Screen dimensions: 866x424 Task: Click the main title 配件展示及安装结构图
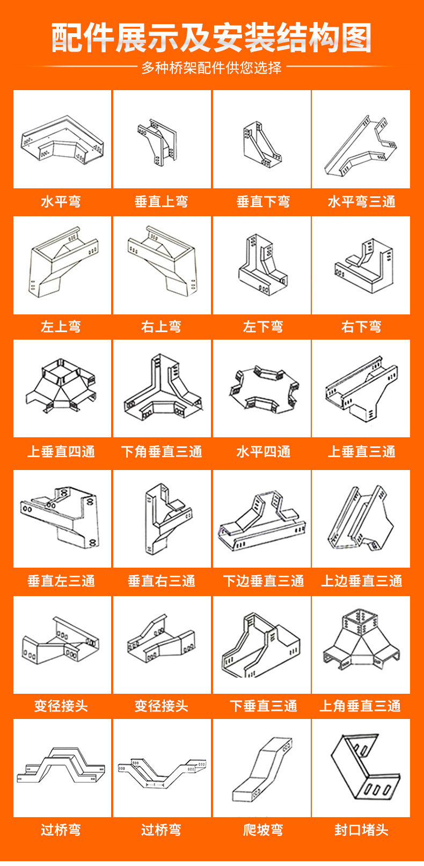click(x=211, y=38)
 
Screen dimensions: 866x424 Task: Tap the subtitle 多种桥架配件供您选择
click(x=211, y=68)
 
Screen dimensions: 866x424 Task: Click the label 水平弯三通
click(x=361, y=202)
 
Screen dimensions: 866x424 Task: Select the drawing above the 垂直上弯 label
click(x=162, y=140)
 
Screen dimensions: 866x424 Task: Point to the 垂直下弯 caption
click(x=263, y=202)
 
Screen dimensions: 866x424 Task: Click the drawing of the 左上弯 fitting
click(x=62, y=266)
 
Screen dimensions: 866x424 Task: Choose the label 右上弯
click(x=162, y=326)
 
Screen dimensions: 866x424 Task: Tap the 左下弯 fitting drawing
click(x=262, y=266)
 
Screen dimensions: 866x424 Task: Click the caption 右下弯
click(x=361, y=326)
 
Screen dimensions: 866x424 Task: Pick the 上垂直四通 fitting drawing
click(x=62, y=389)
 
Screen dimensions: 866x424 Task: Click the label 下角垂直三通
click(x=162, y=452)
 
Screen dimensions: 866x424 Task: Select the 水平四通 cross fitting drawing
click(x=262, y=389)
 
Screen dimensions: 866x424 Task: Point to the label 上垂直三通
click(x=361, y=452)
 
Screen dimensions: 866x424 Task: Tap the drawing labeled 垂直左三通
click(x=62, y=519)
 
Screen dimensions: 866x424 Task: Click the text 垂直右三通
click(x=162, y=581)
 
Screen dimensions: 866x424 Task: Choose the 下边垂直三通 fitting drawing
click(x=262, y=519)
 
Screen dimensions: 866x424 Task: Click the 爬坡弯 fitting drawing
click(x=262, y=768)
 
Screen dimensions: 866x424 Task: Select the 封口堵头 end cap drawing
click(x=361, y=768)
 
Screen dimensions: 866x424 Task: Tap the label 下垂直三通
click(x=263, y=706)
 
